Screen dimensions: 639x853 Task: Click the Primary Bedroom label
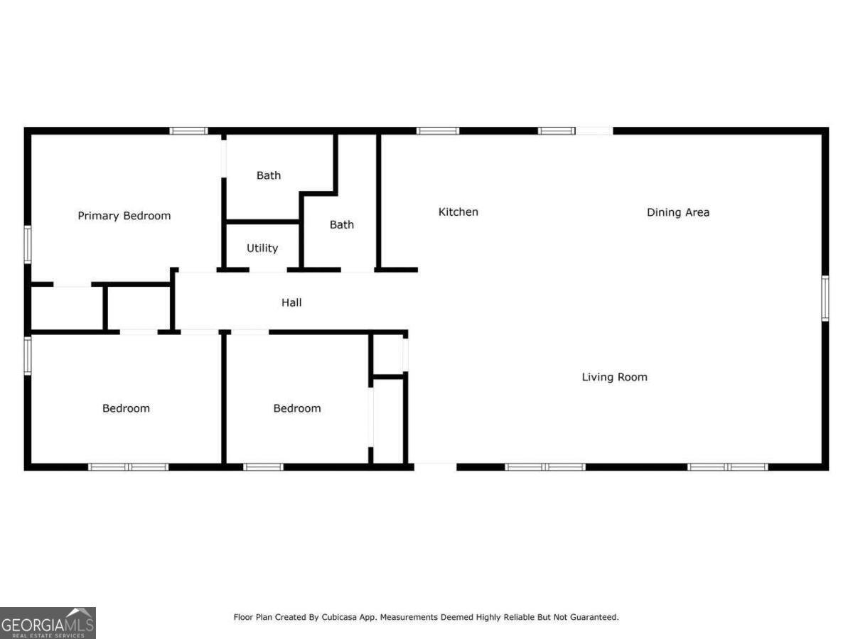(x=124, y=216)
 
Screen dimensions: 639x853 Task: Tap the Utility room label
(x=262, y=248)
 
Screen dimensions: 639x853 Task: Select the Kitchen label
(x=458, y=212)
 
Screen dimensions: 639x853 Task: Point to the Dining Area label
(x=678, y=212)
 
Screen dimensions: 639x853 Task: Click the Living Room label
(x=615, y=377)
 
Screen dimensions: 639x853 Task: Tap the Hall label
(x=291, y=302)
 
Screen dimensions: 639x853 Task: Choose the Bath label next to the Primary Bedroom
(x=269, y=175)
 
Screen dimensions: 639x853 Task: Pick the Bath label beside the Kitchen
(x=342, y=224)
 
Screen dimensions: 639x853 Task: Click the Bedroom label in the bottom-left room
(x=126, y=408)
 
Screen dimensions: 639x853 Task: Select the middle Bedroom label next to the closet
(x=297, y=408)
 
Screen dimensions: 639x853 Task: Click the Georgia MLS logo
(x=48, y=623)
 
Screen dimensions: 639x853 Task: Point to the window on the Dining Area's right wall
(x=825, y=298)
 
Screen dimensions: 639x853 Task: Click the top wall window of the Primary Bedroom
(x=188, y=131)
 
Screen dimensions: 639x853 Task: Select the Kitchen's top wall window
(x=438, y=131)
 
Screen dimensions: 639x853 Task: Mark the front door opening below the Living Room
(x=435, y=466)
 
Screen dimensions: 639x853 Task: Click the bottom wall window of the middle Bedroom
(x=263, y=466)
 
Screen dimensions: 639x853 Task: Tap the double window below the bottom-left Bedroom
(x=129, y=466)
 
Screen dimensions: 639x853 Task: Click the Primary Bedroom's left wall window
(x=28, y=244)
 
